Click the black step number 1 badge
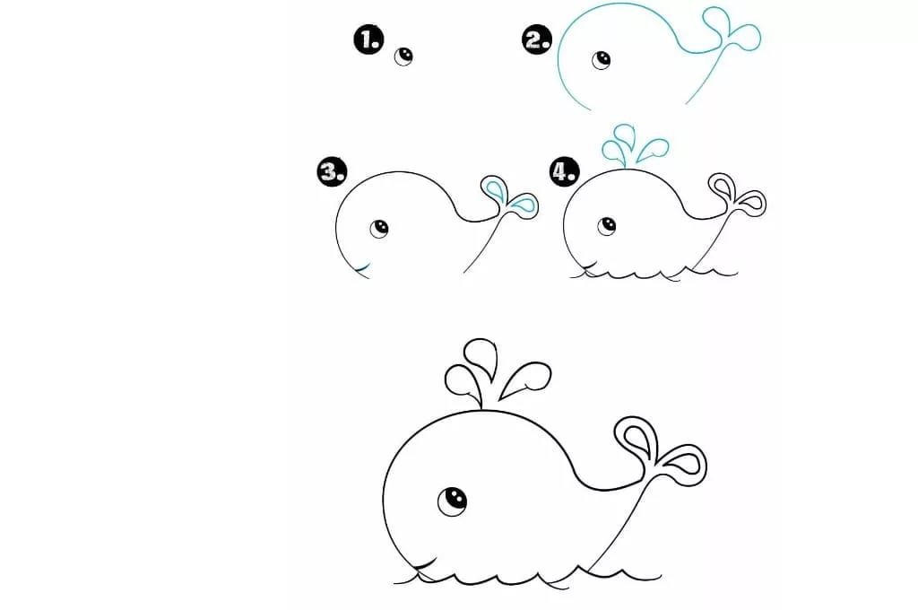point(368,39)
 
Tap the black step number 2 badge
point(537,39)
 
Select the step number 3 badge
point(332,171)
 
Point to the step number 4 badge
point(565,171)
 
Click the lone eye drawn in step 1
point(403,57)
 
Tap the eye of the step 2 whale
point(601,59)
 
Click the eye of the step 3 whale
point(379,228)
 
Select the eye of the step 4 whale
point(607,225)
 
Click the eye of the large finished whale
point(452,500)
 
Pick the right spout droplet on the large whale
point(525,379)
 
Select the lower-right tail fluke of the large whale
point(682,464)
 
